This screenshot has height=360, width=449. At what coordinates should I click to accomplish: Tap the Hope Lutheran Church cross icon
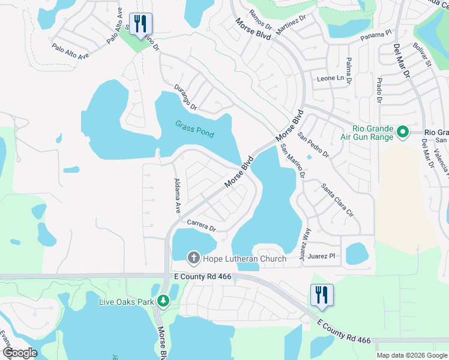[x=193, y=258]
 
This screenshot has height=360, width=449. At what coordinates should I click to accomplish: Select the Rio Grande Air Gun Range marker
[x=403, y=131]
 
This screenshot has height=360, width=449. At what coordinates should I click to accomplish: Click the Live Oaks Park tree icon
[x=163, y=301]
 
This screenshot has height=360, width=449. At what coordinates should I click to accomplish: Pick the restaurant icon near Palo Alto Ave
[x=140, y=24]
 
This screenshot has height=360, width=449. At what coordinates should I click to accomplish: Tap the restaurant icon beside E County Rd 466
[x=322, y=295]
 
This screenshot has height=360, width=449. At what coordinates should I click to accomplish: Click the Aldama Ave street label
[x=177, y=196]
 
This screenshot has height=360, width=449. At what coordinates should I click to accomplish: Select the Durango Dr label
[x=185, y=98]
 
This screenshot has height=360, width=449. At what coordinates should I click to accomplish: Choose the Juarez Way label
[x=306, y=240]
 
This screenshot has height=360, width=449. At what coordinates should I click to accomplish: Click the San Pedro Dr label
[x=313, y=145]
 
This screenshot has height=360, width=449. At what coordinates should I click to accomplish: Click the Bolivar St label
[x=423, y=55]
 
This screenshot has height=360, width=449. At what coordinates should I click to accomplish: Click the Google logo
[x=20, y=353]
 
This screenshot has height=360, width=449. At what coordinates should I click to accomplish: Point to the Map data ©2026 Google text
[x=411, y=355]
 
